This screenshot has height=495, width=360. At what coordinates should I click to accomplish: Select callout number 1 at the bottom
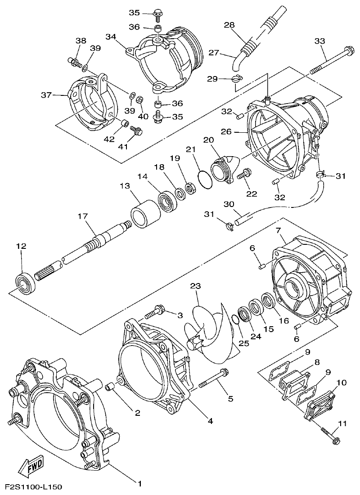tap(139, 484)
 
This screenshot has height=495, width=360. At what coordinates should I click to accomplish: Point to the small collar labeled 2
tap(109, 387)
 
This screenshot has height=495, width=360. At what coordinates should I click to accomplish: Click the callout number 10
tap(341, 383)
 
